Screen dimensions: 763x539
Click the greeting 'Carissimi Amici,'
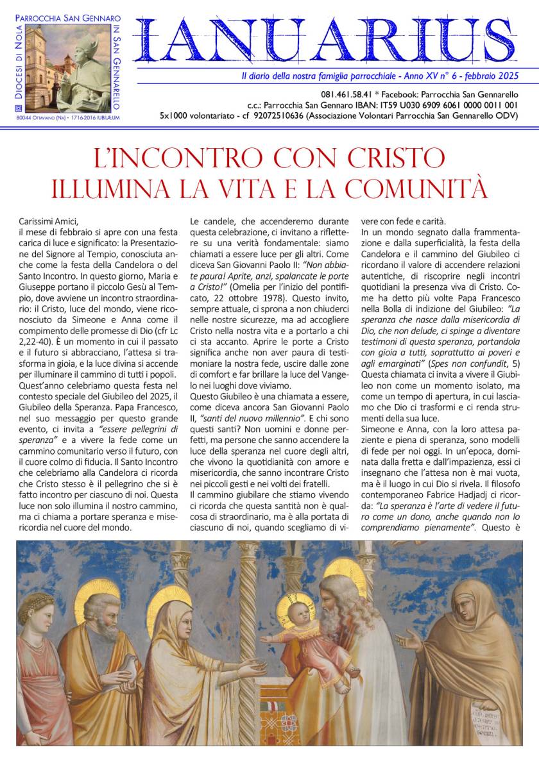click(48, 222)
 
